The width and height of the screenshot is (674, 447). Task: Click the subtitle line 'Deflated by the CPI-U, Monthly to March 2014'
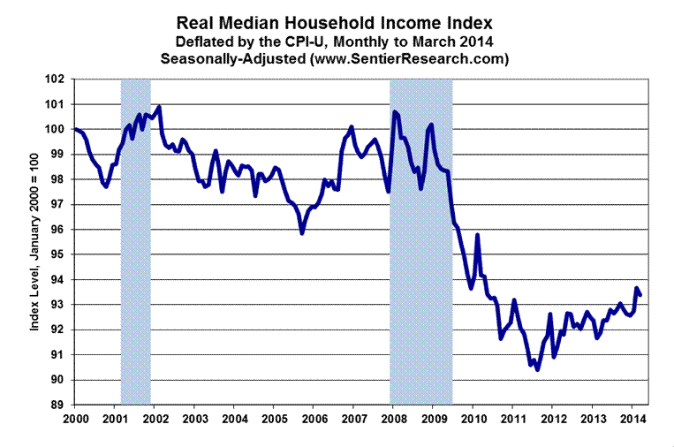click(337, 42)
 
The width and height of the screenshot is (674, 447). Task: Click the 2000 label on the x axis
click(75, 417)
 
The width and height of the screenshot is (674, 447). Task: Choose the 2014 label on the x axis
click(632, 417)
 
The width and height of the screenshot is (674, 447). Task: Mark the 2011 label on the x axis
click(512, 417)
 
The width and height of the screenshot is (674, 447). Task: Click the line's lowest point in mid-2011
click(537, 369)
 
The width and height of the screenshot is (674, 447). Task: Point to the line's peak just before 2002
click(158, 108)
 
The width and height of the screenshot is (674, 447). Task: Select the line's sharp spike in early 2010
click(477, 235)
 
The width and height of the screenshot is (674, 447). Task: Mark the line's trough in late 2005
click(302, 233)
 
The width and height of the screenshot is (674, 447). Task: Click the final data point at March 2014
click(640, 294)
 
